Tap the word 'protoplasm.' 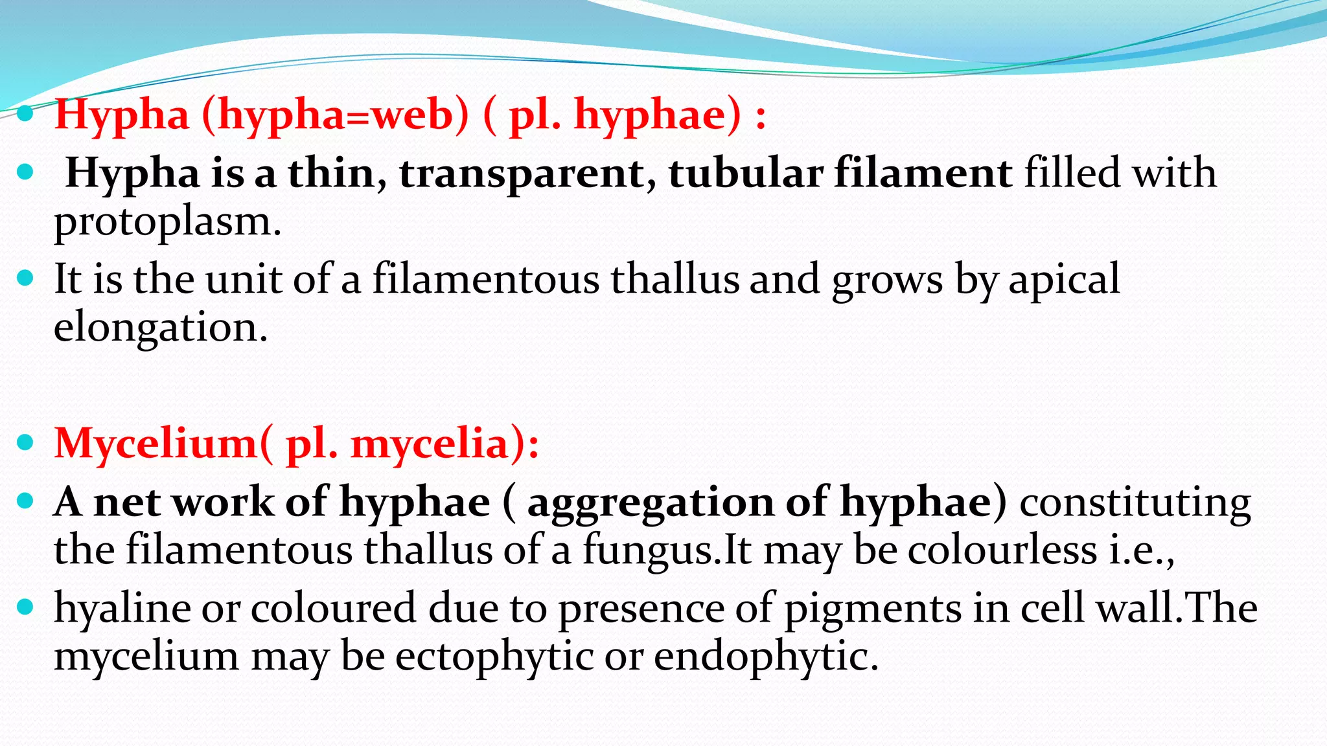(x=167, y=222)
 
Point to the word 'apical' (x=1064, y=279)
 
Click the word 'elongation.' (x=160, y=327)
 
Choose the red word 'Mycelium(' (x=164, y=444)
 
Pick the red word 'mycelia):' (x=444, y=444)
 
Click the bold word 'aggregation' (x=651, y=503)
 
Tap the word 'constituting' (x=1135, y=503)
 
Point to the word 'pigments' (x=873, y=608)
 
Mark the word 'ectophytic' (x=494, y=656)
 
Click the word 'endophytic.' (x=766, y=656)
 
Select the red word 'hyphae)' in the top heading (x=657, y=115)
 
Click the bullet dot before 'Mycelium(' (x=25, y=443)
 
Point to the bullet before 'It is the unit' (x=25, y=278)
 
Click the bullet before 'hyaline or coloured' (x=25, y=607)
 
